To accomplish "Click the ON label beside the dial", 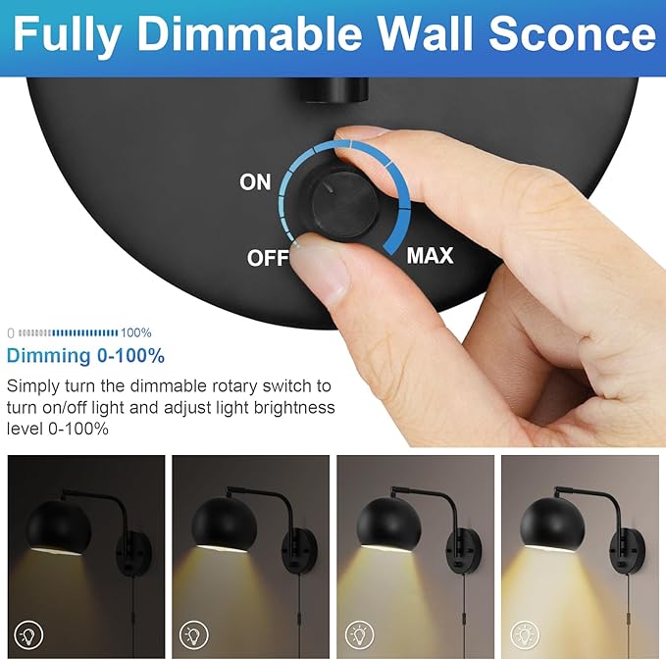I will coord(255,183).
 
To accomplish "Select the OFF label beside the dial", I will coord(267,259).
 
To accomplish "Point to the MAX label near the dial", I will coord(431,256).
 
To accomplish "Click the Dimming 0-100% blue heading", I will coord(85,356).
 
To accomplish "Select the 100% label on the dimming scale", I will coord(136,333).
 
